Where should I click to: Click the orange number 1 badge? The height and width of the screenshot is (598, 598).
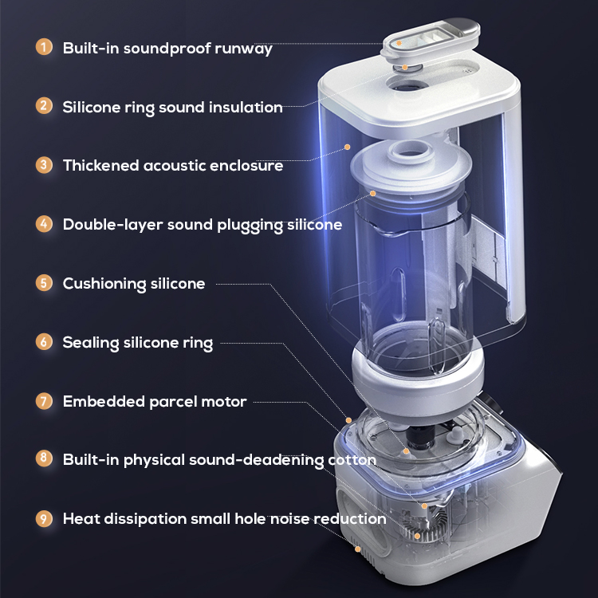(44, 47)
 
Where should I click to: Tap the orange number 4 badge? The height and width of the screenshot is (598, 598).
(44, 224)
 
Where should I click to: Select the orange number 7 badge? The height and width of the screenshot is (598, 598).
(44, 401)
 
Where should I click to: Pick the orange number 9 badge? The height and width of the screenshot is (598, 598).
(44, 519)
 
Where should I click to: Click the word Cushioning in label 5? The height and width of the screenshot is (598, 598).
(104, 284)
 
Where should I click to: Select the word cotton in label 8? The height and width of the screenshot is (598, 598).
(352, 460)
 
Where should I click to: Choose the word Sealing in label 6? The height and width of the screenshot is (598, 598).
(91, 343)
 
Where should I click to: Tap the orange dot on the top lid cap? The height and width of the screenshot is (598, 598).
(399, 43)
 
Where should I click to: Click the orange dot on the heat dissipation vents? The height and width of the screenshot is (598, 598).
(358, 549)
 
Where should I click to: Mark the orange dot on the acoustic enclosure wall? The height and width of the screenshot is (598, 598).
(348, 147)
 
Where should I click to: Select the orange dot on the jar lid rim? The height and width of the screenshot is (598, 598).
(373, 194)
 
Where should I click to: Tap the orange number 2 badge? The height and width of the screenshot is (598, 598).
(44, 105)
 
